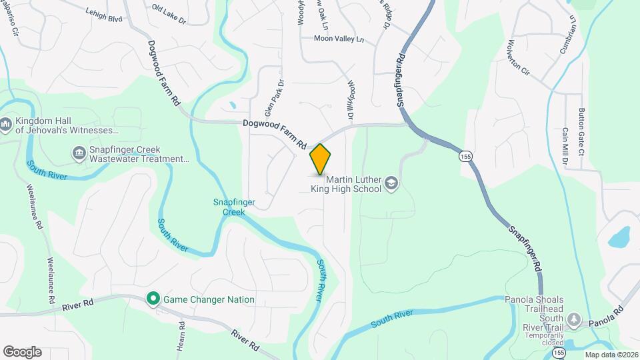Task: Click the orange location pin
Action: coord(320,159)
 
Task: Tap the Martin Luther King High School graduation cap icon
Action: coord(391,183)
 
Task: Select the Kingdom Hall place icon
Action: coord(6,124)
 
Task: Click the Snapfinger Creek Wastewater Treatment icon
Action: coord(80,154)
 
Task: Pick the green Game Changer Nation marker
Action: coord(153,299)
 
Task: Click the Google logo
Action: coord(22,351)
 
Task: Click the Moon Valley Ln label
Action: coord(339,39)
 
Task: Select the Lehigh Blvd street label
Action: coord(105,15)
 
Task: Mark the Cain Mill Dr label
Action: coord(565,147)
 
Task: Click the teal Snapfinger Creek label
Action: coord(229,207)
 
